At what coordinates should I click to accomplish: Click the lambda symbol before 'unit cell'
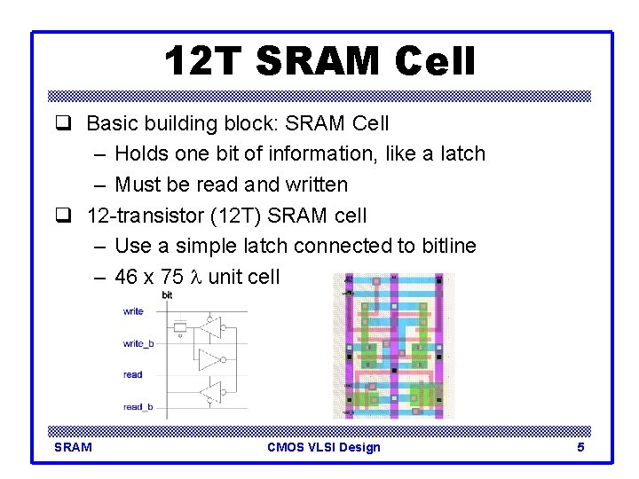(x=198, y=277)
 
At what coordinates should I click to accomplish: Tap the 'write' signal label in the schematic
(x=133, y=311)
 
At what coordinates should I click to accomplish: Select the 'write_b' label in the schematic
(x=138, y=343)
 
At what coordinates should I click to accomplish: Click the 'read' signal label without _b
(x=132, y=375)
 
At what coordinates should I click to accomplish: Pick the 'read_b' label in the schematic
(x=138, y=407)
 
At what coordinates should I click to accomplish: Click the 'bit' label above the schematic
(x=167, y=295)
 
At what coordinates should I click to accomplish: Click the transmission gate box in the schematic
(x=179, y=327)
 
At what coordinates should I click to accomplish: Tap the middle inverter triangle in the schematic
(x=209, y=359)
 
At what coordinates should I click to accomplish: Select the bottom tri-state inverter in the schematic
(x=210, y=391)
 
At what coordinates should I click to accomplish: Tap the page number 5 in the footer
(x=580, y=447)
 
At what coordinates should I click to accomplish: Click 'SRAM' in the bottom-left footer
(x=73, y=447)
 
